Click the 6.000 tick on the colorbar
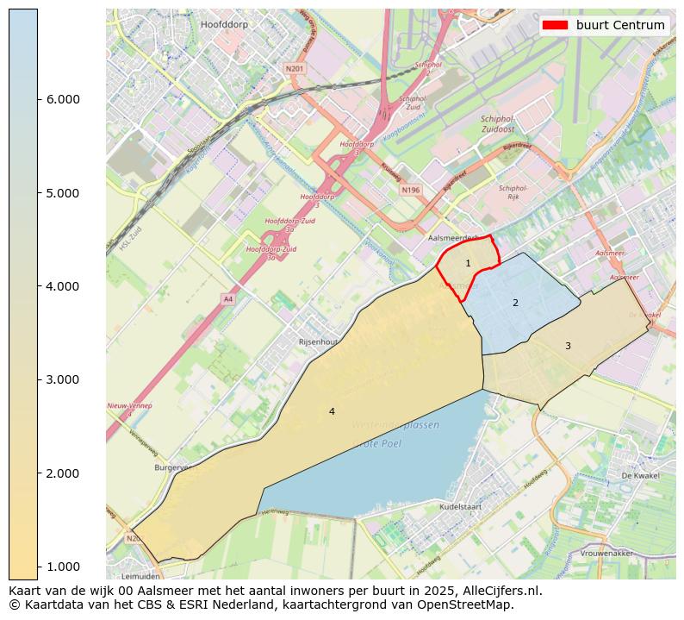tap(62, 99)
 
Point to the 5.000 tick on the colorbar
tap(62, 192)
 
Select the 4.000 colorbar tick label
tap(62, 286)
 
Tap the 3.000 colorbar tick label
tap(62, 379)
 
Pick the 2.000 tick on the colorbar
tap(62, 473)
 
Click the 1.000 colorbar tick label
tap(62, 567)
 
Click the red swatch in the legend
tap(555, 25)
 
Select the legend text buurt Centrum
tap(620, 25)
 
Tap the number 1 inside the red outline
tap(468, 263)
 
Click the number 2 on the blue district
tap(515, 303)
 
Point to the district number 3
tap(568, 346)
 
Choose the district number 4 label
tap(332, 412)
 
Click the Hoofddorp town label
tap(223, 25)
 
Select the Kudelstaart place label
tap(464, 509)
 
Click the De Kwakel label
tap(639, 475)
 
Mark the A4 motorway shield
tap(227, 299)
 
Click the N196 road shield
tap(411, 190)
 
